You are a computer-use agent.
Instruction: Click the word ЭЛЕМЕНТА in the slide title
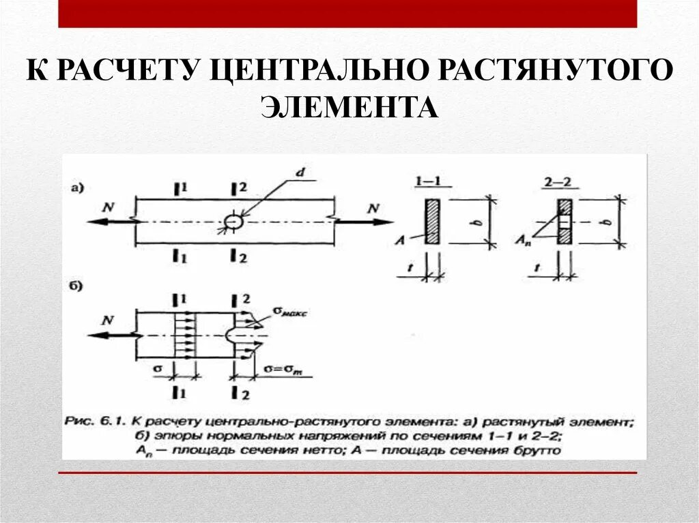[349, 107]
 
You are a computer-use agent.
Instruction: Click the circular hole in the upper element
[233, 222]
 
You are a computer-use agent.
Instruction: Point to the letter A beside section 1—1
[407, 239]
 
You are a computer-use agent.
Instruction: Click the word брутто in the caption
[538, 451]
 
